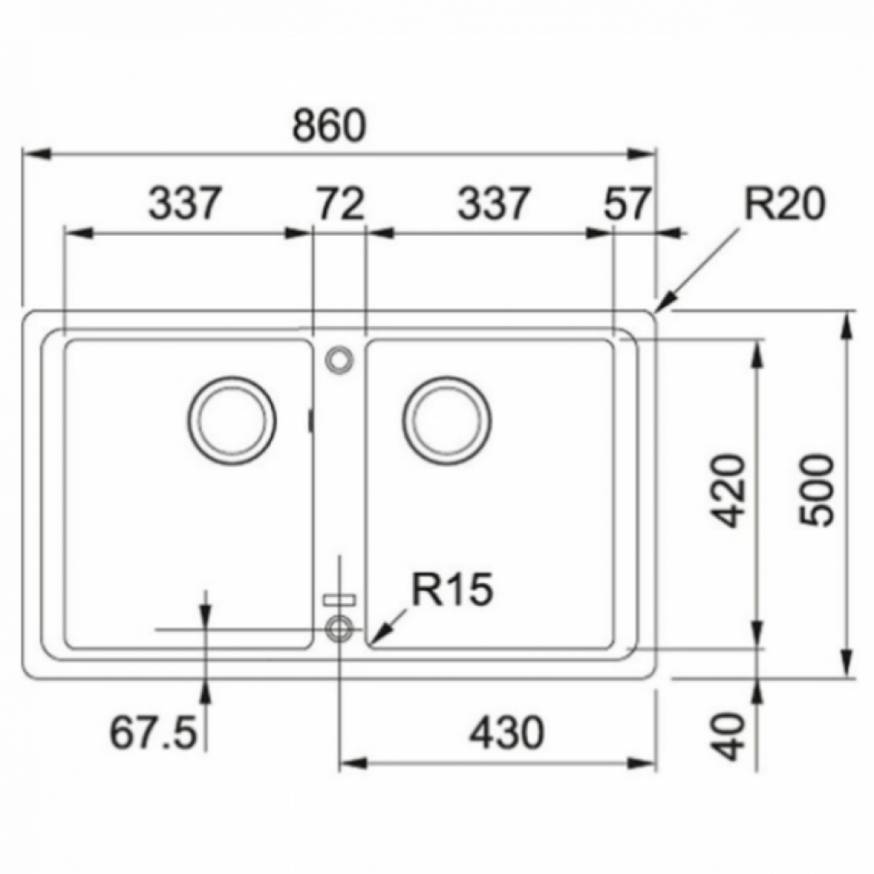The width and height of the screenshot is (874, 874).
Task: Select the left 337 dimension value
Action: [185, 203]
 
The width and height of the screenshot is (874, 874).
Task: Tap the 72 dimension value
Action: [340, 203]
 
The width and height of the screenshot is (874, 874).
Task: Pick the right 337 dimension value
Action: [493, 203]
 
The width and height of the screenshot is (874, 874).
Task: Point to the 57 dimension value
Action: [627, 203]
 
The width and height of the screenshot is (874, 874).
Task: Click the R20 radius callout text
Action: [784, 204]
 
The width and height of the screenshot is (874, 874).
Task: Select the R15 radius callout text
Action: [453, 589]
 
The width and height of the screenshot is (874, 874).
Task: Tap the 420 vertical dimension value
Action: [730, 491]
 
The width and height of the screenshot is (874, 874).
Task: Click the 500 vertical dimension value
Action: [816, 490]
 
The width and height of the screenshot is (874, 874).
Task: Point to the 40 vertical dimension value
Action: [730, 736]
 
